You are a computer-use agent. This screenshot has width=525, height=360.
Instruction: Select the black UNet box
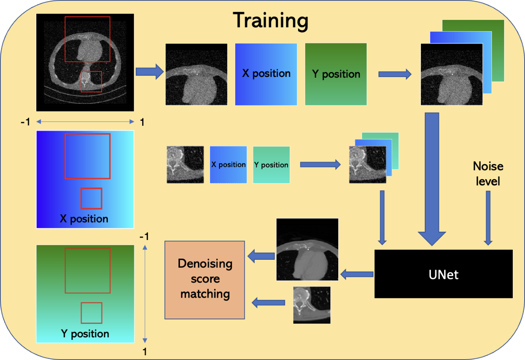pos(443,274)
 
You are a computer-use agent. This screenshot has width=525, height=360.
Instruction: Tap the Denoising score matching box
pos(204,280)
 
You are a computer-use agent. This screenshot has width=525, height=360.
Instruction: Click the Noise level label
pos(488,174)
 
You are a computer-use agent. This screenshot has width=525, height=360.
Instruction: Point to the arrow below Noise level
pos(488,218)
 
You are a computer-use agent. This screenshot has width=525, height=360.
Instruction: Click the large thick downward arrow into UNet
pos(432,179)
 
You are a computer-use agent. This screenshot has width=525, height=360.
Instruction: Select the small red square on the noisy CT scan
pos(91,82)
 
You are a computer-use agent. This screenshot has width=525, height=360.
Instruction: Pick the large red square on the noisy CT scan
pos(87,39)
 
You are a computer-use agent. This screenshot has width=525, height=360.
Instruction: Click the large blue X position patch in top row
pos(266,74)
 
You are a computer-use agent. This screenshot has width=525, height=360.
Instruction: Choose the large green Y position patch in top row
pos(336,74)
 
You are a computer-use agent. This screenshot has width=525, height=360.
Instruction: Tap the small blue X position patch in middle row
pos(228,165)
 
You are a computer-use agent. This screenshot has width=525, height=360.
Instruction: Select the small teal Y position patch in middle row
pos(272,165)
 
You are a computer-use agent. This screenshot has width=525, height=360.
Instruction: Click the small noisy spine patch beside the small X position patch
pos(185,165)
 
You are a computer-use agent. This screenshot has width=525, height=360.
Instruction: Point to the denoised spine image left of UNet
pos(312,305)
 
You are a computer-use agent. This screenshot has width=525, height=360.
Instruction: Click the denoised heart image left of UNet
pos(307,249)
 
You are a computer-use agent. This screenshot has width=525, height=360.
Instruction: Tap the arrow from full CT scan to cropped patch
pos(150,71)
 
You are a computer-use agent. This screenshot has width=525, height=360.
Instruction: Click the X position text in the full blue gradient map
pos(84,219)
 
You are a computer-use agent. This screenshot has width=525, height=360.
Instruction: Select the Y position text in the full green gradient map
pos(85,334)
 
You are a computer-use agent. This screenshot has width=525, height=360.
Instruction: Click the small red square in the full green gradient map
pos(92,313)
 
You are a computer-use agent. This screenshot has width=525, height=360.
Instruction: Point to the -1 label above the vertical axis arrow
pos(144,236)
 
